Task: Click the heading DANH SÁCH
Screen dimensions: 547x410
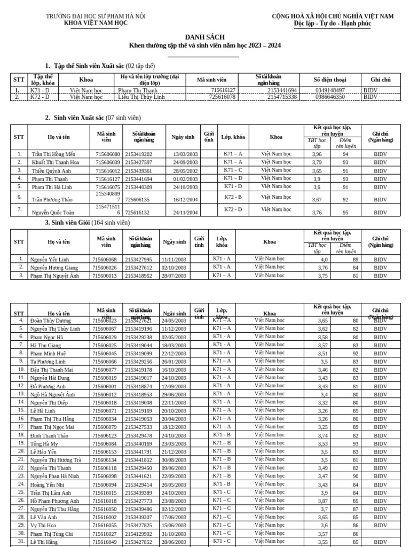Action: (x=204, y=37)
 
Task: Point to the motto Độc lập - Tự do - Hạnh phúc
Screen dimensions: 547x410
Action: (x=333, y=24)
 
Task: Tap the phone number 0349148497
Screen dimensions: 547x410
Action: (x=329, y=91)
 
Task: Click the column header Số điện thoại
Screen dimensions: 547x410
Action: (x=329, y=80)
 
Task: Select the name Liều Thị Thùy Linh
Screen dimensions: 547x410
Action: (x=141, y=97)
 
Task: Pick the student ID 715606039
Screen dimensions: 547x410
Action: (x=108, y=162)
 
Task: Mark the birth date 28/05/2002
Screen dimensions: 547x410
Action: (x=185, y=171)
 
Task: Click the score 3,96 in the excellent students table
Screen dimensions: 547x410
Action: (x=317, y=154)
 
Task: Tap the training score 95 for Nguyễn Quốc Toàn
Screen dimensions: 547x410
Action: (x=345, y=213)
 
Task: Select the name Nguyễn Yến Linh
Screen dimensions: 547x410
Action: (x=50, y=260)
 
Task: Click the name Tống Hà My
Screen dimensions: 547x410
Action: (x=44, y=444)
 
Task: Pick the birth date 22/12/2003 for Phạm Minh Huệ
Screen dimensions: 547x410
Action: (x=174, y=354)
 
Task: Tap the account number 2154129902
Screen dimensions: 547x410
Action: (x=138, y=534)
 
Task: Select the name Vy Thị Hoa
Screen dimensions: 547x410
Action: (x=43, y=526)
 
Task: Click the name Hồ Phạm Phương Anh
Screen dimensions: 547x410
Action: (x=54, y=501)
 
